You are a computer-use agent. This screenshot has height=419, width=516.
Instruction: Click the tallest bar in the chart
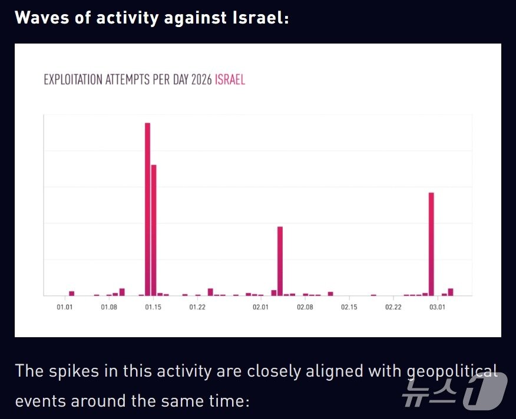[147, 209]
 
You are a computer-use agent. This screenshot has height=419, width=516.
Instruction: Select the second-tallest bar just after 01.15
[154, 230]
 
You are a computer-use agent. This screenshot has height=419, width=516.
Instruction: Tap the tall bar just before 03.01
[431, 244]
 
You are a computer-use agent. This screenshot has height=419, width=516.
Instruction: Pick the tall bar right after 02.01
[280, 261]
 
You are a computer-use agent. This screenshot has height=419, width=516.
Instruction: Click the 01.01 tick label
[65, 307]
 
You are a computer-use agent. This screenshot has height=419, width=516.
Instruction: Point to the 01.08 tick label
[108, 307]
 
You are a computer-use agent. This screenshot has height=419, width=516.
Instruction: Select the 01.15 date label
[153, 307]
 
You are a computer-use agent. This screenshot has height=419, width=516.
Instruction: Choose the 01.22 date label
[197, 307]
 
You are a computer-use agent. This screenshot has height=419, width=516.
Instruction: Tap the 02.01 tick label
[260, 307]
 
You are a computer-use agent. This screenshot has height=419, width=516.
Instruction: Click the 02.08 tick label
[305, 307]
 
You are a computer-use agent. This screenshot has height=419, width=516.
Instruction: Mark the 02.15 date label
[349, 307]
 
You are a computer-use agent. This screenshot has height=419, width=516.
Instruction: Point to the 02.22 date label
[393, 307]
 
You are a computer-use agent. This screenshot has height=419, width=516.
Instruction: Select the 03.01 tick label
[436, 307]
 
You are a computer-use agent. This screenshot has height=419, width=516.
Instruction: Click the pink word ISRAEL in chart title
[230, 80]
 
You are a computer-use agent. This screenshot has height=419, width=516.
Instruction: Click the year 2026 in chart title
[201, 80]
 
